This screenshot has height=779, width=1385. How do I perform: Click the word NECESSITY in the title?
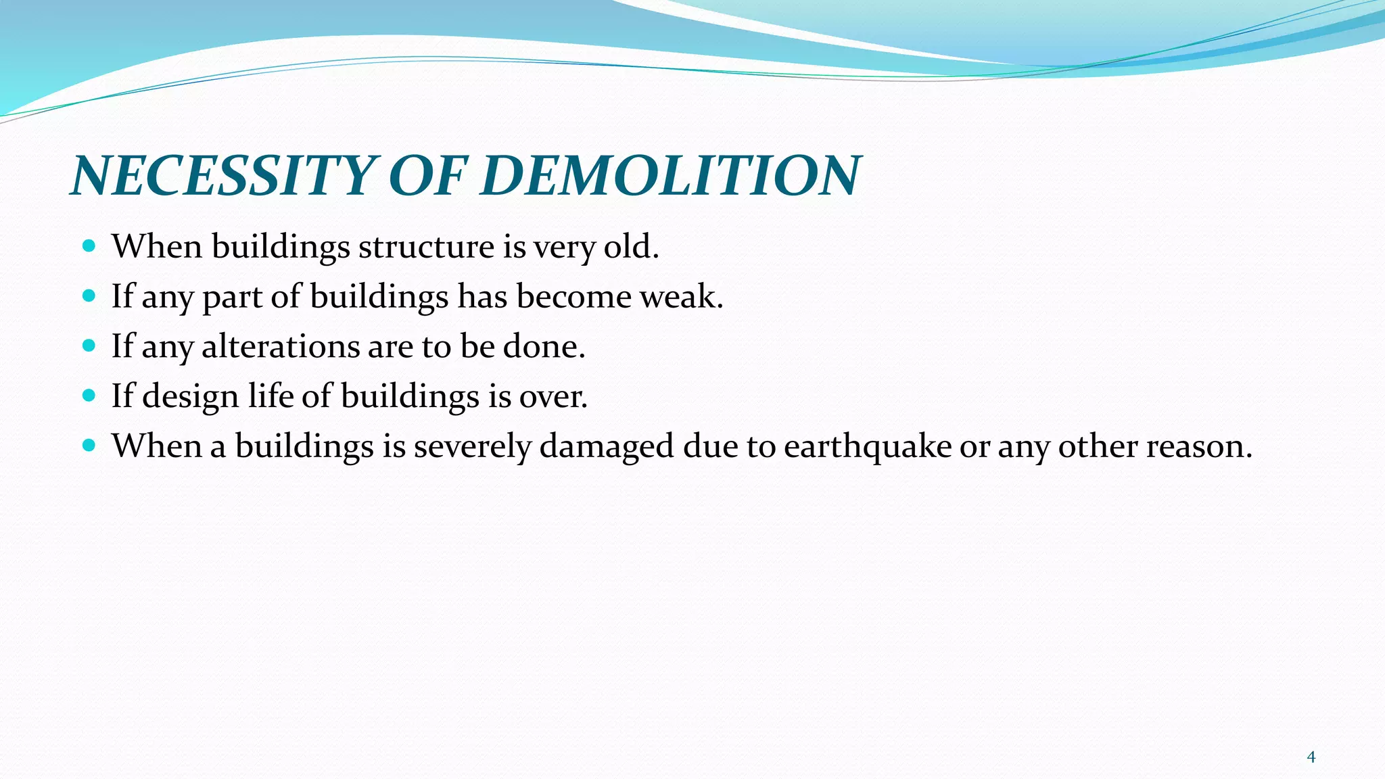[223, 176]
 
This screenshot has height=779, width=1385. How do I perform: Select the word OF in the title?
[428, 176]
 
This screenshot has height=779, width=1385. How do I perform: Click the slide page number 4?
[1311, 757]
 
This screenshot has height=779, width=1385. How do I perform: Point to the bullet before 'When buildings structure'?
[89, 245]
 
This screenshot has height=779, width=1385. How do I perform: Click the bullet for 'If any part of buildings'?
[89, 296]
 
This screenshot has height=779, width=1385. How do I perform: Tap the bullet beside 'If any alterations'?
[89, 346]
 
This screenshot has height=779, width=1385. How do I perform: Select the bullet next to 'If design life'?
[89, 396]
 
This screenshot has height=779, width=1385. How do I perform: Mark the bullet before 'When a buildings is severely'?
[89, 446]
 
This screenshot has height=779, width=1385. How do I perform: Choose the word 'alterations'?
[281, 346]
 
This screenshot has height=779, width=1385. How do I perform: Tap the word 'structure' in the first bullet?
[426, 246]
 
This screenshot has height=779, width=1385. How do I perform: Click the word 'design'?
[191, 397]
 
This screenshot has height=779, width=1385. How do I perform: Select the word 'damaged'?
[607, 447]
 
